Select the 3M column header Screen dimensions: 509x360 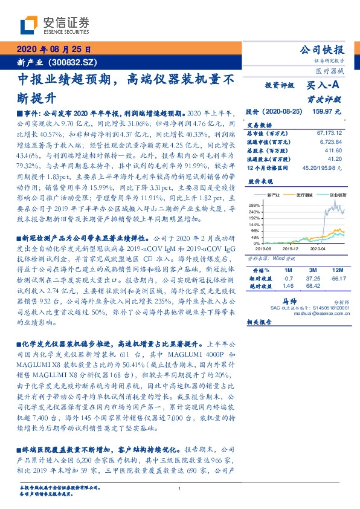[312, 270]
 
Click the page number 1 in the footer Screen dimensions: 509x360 [180, 489]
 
